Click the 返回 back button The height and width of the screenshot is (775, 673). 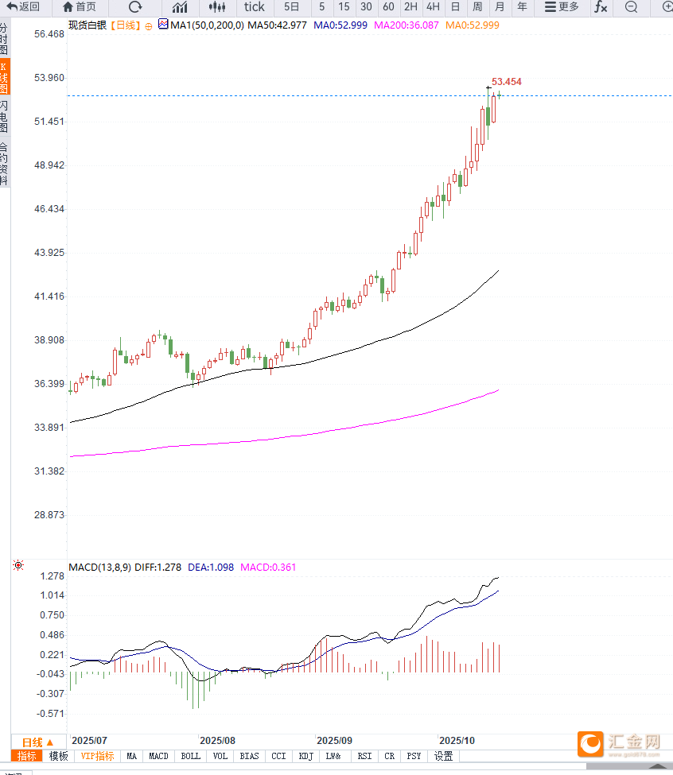24,7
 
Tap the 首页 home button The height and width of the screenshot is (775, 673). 79,7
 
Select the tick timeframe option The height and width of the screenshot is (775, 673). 254,7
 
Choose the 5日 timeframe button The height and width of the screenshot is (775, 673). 292,7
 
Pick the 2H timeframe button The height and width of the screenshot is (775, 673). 410,7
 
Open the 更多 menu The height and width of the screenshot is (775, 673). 562,7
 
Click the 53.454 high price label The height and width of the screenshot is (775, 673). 507,82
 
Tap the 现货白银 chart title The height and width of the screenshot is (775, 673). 86,25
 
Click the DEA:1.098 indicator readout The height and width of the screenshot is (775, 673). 210,568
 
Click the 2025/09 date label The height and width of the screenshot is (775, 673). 333,738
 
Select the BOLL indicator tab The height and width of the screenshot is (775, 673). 190,756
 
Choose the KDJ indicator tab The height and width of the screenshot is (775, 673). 306,756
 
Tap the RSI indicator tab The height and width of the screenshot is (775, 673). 364,756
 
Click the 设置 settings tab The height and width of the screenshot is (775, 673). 443,756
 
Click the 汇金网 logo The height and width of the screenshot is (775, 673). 620,744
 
